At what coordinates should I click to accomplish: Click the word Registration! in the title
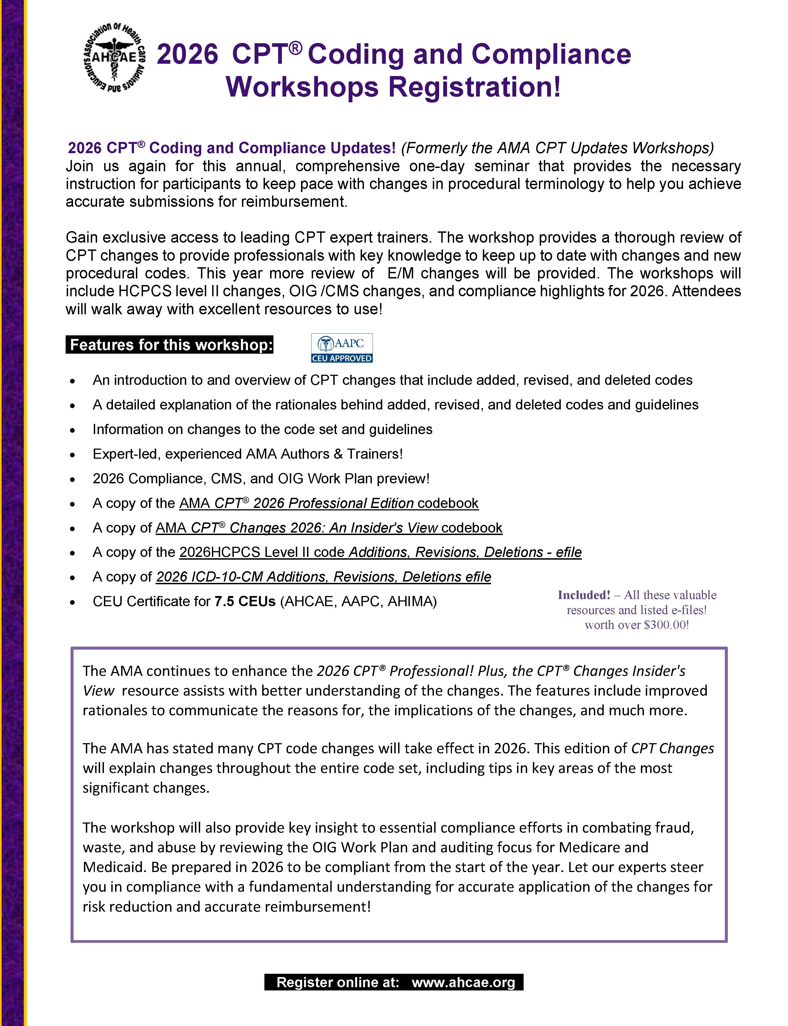(x=475, y=87)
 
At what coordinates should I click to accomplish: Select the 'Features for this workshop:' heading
(x=169, y=345)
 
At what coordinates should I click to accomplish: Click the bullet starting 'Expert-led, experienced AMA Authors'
(x=248, y=454)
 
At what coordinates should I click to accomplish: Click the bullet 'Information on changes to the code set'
(x=262, y=429)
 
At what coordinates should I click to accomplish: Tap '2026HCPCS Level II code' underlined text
(x=263, y=552)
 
